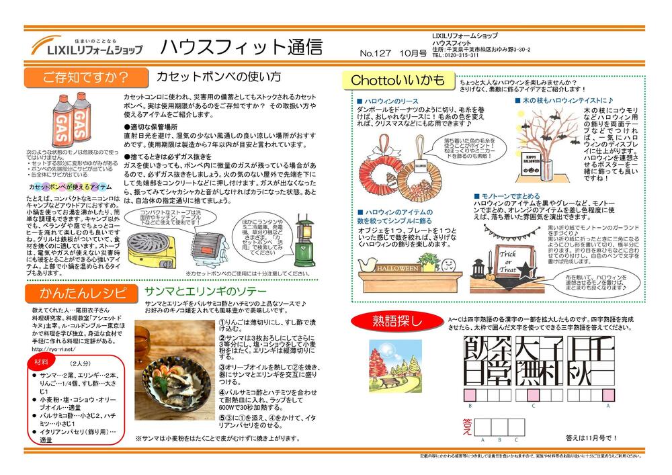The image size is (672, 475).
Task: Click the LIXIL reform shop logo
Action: (x=87, y=46)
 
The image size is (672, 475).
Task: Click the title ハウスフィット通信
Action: (x=241, y=46)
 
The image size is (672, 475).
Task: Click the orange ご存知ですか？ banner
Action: (x=85, y=77)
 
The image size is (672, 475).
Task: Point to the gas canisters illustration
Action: (x=68, y=120)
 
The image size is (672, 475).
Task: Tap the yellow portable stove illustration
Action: (x=153, y=247)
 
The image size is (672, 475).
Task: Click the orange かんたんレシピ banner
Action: (x=83, y=294)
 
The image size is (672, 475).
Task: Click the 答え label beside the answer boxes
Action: (x=468, y=427)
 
